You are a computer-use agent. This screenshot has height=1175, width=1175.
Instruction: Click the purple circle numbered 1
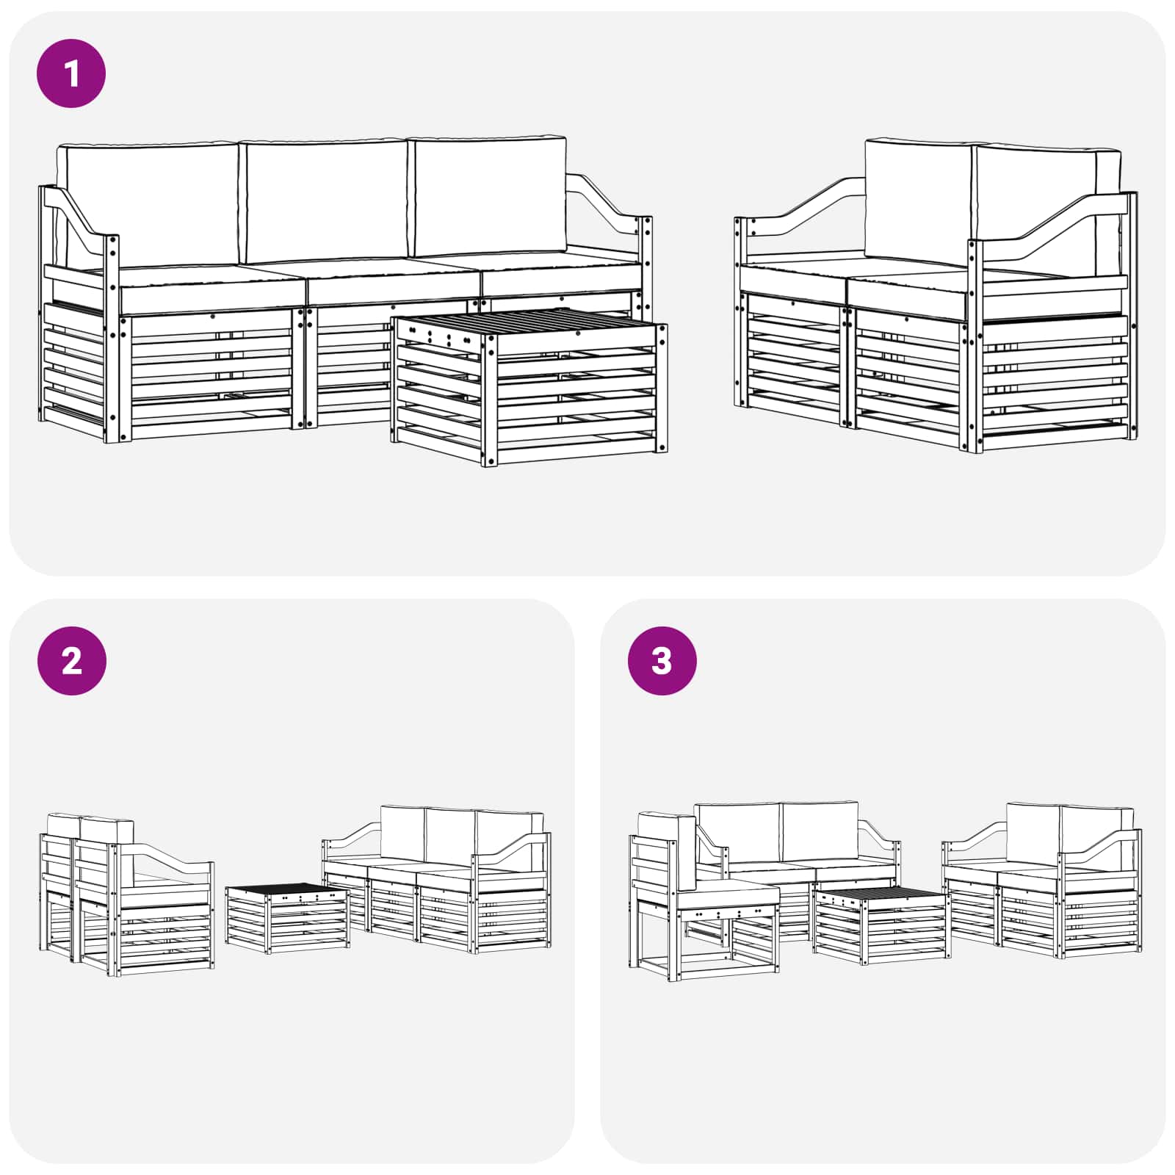[x=71, y=73]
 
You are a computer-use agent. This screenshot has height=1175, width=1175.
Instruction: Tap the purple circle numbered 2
[x=71, y=661]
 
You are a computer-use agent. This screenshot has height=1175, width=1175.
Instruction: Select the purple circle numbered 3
[x=662, y=661]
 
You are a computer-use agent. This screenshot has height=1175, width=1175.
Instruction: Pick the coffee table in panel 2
[x=287, y=918]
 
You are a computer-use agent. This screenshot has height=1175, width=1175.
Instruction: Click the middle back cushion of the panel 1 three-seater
[x=325, y=201]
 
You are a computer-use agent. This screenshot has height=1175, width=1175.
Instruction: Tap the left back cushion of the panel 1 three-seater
[x=149, y=204]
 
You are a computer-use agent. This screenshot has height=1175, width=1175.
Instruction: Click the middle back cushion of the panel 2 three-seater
[x=449, y=838]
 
